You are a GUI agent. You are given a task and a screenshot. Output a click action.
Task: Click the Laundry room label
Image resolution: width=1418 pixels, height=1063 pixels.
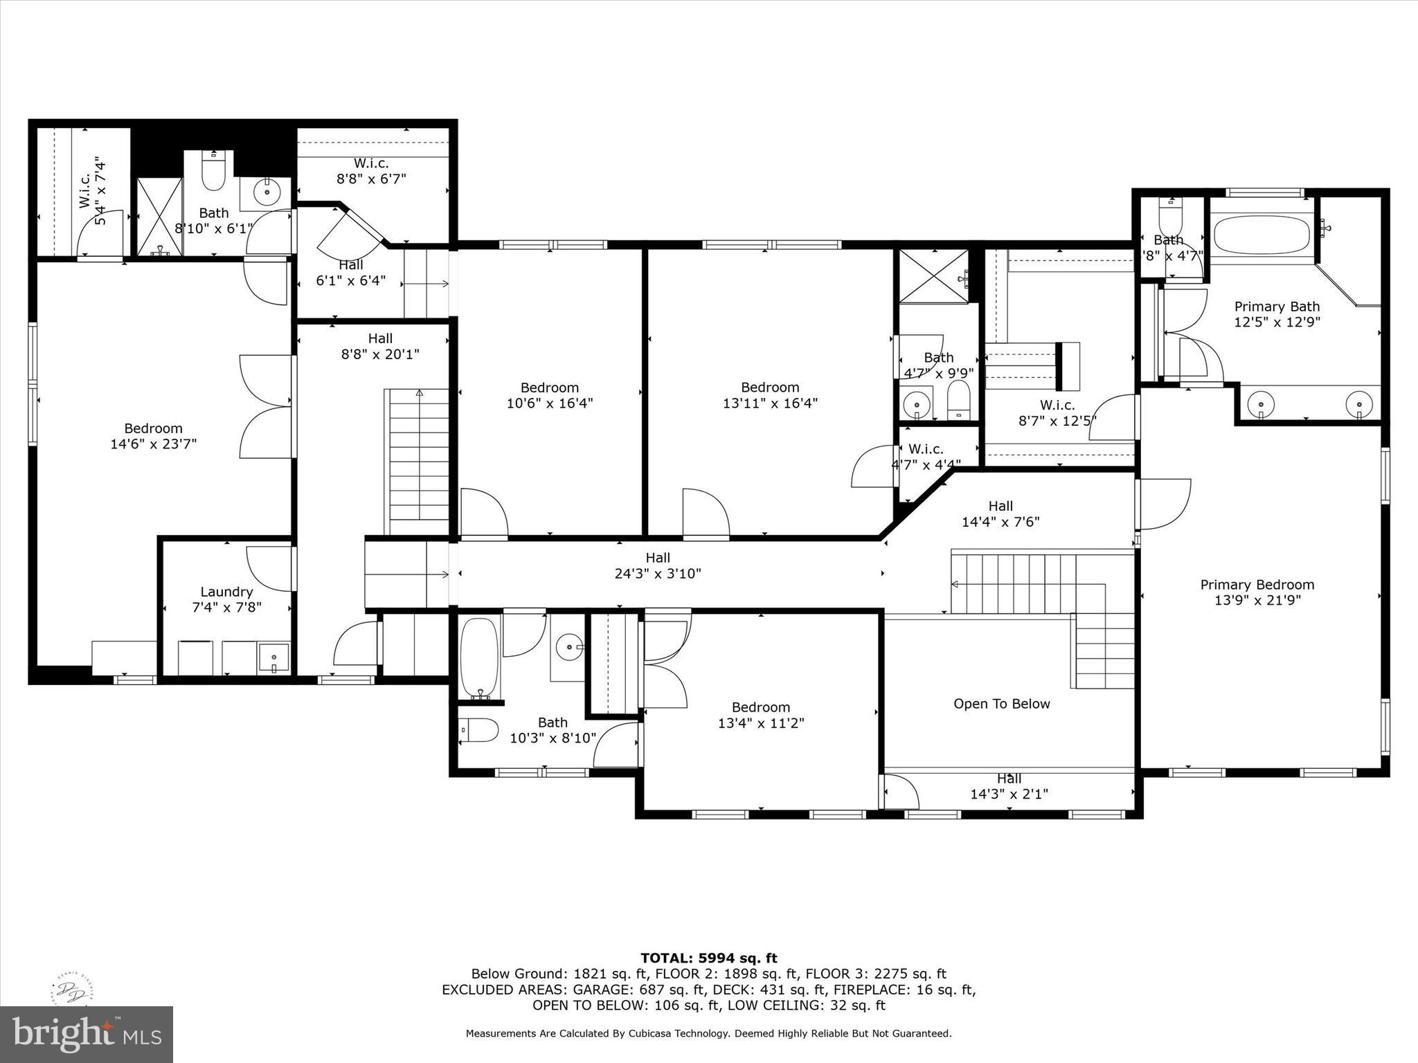(226, 592)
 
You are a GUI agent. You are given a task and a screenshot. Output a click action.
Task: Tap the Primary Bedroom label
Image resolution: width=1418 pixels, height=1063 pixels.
(1257, 585)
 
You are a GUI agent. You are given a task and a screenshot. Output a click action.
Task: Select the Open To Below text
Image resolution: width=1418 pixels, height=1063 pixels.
(1001, 704)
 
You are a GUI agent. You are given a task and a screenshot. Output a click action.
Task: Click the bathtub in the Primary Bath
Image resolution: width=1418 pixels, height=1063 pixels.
(1262, 235)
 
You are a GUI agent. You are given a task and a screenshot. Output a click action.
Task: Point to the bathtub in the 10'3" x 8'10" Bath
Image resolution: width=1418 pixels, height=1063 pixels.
(479, 657)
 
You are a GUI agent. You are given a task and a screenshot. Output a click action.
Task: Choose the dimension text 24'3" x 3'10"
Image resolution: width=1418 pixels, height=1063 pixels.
(658, 574)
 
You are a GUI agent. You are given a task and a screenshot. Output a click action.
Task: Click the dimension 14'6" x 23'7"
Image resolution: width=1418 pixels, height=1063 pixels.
(153, 444)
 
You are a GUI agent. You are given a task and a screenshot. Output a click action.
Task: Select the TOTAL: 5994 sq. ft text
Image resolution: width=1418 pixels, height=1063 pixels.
(708, 958)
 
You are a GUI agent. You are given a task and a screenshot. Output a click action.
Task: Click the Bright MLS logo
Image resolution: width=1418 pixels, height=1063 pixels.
(87, 1034)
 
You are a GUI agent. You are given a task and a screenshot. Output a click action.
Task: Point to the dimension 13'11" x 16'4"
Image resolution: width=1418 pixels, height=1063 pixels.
(770, 403)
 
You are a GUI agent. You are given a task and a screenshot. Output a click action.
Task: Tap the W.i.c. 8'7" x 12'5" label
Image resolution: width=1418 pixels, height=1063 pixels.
(1057, 406)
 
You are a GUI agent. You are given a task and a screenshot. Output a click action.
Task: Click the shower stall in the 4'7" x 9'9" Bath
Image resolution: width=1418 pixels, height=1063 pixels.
(933, 277)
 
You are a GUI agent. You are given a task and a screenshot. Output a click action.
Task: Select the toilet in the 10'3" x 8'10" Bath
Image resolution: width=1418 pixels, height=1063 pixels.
(479, 730)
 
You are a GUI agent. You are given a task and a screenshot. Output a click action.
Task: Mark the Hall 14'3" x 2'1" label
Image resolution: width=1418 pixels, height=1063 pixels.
(1009, 779)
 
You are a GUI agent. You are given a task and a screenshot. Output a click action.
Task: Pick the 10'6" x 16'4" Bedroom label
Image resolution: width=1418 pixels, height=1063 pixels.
(550, 388)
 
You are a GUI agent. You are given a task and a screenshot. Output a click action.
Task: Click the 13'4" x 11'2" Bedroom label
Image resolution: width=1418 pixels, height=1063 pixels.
(760, 707)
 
